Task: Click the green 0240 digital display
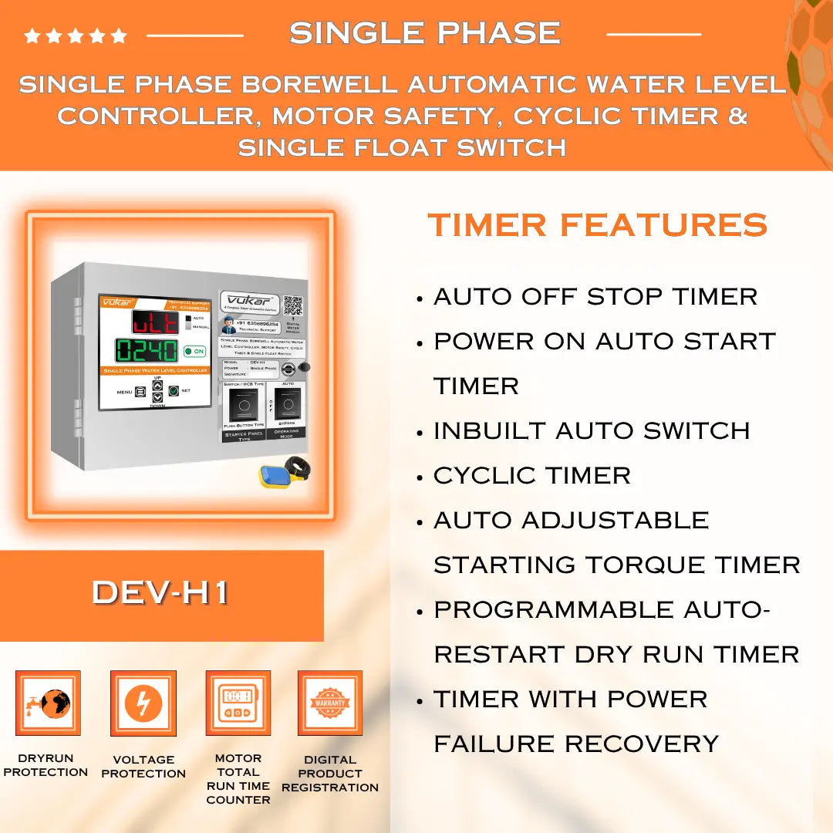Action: (147, 350)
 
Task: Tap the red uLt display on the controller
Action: (154, 321)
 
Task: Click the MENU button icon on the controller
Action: (140, 392)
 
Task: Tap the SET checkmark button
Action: (174, 391)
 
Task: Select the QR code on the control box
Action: (292, 305)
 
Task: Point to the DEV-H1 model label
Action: (160, 592)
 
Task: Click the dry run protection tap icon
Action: (48, 703)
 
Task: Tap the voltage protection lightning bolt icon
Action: (143, 703)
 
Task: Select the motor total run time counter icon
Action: (238, 703)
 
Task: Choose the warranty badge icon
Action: (330, 703)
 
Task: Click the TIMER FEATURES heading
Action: (597, 225)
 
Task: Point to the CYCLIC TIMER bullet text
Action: (531, 475)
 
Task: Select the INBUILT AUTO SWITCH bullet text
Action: (591, 430)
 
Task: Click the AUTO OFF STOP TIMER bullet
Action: (595, 296)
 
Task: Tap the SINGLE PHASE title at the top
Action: (424, 32)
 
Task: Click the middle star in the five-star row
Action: (76, 35)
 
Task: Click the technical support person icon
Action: (228, 327)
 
